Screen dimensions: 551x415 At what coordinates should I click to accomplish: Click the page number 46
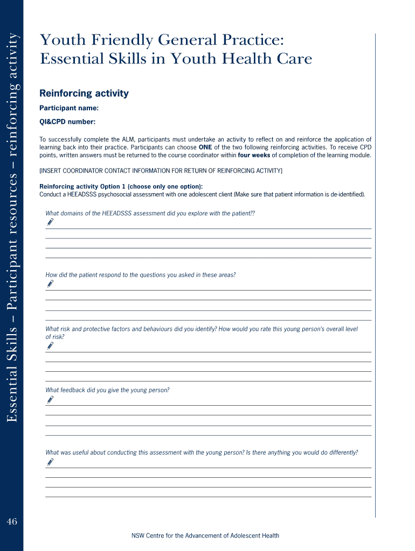point(12,521)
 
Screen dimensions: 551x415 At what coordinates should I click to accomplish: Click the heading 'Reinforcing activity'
point(84,94)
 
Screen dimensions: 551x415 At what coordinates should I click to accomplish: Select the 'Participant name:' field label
point(69,108)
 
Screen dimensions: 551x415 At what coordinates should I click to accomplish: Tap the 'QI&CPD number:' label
point(67,122)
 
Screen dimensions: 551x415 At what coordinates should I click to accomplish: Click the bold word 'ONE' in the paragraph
point(205,147)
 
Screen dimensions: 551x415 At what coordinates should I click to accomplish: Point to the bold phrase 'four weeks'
point(254,156)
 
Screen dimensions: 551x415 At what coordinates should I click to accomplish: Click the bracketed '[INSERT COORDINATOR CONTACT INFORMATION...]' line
point(161,171)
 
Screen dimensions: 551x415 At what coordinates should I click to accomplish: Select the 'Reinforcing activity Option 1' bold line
point(121,187)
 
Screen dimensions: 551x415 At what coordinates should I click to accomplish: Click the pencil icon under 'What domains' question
point(50,222)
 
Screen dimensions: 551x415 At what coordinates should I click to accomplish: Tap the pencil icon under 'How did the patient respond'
point(50,283)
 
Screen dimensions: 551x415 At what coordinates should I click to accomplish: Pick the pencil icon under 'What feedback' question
point(50,399)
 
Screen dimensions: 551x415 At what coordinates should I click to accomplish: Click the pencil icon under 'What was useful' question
point(50,461)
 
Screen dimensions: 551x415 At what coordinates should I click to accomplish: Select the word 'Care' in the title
point(295,59)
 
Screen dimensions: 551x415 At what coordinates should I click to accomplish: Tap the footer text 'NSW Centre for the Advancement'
point(205,535)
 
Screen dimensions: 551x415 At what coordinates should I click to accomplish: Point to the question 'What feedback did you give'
point(107,390)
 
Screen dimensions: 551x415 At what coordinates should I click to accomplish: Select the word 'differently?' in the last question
point(340,453)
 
